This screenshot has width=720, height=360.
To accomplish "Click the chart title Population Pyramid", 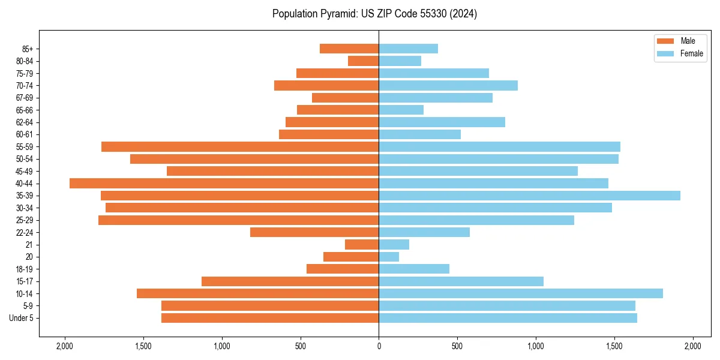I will [374, 14].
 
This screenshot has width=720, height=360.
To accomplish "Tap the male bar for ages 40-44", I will [224, 184].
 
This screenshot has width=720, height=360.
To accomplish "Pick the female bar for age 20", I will [389, 257].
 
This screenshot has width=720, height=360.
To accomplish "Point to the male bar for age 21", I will [362, 245].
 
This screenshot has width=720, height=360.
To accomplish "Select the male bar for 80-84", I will [364, 61].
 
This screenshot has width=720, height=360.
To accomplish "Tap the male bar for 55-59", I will [240, 147].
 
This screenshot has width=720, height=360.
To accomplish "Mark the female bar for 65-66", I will [401, 110].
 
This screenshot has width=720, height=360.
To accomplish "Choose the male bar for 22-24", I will [314, 232].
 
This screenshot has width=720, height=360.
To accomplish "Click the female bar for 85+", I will [408, 49].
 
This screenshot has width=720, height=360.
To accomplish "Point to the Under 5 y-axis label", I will [21, 318].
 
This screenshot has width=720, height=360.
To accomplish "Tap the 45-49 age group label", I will [25, 171].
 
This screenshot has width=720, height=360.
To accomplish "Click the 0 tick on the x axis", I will [379, 346].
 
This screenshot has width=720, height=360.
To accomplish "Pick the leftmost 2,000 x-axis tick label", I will [65, 346].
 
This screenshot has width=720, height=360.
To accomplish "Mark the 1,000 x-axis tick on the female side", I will [536, 346].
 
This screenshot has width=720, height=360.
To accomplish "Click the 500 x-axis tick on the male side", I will [301, 346].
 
